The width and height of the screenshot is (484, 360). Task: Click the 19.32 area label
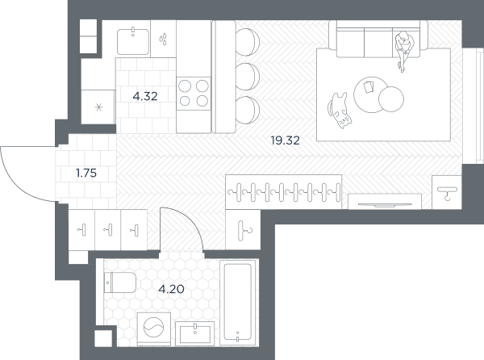(286, 140)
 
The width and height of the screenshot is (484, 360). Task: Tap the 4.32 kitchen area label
(145, 96)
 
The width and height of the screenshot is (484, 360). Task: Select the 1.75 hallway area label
(86, 173)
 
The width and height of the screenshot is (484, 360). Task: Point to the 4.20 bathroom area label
(171, 289)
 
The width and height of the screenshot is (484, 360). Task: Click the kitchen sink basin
(133, 41)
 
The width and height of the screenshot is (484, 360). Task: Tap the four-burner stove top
(194, 94)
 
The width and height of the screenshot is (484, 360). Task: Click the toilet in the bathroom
(120, 283)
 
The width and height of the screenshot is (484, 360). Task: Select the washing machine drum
(153, 327)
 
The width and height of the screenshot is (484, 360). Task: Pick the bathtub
(238, 302)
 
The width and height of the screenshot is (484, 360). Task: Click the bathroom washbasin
(194, 333)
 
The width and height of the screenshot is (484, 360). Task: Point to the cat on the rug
(339, 110)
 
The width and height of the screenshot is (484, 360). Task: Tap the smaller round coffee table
(391, 99)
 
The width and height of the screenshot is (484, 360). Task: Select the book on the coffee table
(369, 86)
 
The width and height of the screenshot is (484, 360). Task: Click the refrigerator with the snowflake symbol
(98, 107)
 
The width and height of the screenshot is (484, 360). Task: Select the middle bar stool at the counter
(248, 76)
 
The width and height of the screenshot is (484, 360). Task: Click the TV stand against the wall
(385, 201)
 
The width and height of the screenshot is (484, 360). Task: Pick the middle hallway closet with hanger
(108, 230)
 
